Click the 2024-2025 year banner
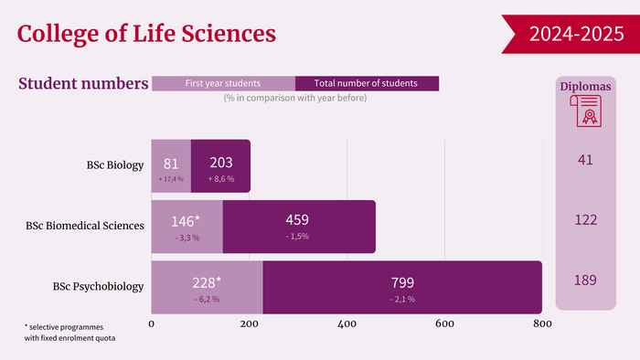click(x=571, y=34)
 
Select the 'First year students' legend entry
click(x=224, y=83)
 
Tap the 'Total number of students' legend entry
click(x=367, y=83)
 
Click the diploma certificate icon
click(x=586, y=111)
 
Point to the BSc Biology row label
click(x=115, y=165)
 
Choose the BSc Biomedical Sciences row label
click(x=85, y=226)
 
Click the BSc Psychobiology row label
click(x=98, y=287)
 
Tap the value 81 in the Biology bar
click(x=171, y=164)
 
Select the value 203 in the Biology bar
click(x=221, y=163)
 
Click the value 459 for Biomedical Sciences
click(x=297, y=220)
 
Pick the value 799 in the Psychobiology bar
click(x=402, y=282)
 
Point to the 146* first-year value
click(x=186, y=221)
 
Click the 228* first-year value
click(x=207, y=282)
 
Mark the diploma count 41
click(x=585, y=160)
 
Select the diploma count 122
click(x=586, y=220)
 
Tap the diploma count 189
click(x=585, y=281)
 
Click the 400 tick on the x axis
click(x=347, y=324)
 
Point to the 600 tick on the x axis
click(x=444, y=324)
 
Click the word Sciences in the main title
click(x=229, y=34)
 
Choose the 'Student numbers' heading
click(x=83, y=83)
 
